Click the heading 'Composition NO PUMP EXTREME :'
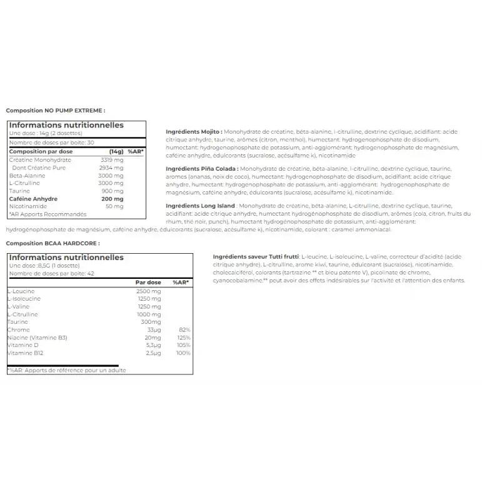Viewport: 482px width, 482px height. click(56, 111)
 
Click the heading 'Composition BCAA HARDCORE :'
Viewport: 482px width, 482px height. click(53, 243)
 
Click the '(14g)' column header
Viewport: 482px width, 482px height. click(116, 152)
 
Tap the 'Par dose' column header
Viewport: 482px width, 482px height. click(148, 283)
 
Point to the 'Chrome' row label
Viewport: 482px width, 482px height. click(18, 329)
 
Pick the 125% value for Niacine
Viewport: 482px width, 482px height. click(183, 338)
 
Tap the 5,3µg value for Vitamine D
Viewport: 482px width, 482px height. click(153, 345)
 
